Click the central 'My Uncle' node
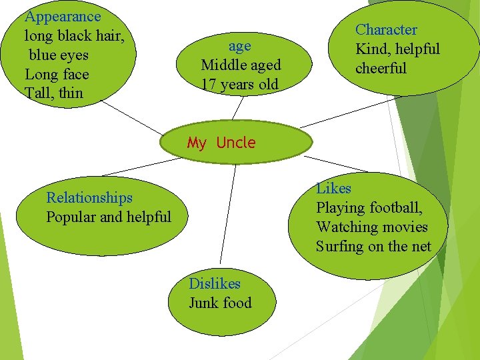tap(221, 143)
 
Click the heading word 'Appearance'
tap(63, 17)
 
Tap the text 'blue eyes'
tap(59, 55)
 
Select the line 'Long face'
tap(57, 74)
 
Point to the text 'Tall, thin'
tap(54, 93)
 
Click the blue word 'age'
tap(239, 46)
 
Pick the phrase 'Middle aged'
tap(241, 65)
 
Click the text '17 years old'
tap(239, 85)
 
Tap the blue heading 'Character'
tap(386, 30)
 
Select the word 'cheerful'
tap(381, 68)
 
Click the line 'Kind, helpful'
tap(397, 49)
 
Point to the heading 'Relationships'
tap(89, 197)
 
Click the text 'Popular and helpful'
tap(109, 217)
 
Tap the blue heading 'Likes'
tap(333, 189)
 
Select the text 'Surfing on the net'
tap(373, 247)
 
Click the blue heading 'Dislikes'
tap(215, 283)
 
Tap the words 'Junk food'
tap(220, 303)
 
